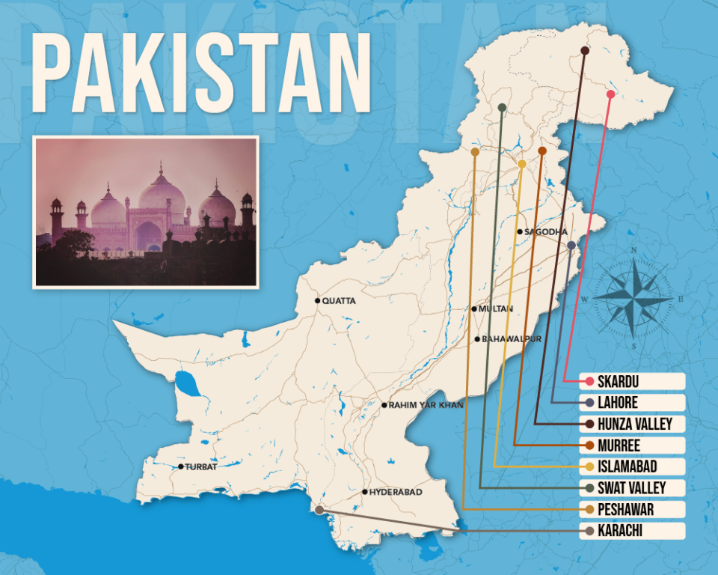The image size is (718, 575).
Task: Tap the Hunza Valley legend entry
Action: click(x=634, y=425)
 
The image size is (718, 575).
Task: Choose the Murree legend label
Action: click(x=619, y=445)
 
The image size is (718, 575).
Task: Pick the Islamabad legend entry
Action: click(x=628, y=467)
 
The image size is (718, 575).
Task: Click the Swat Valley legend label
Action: click(x=631, y=488)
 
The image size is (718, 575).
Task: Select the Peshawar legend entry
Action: click(x=626, y=510)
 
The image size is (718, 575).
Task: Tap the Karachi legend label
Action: click(x=621, y=531)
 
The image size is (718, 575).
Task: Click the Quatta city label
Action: click(x=339, y=301)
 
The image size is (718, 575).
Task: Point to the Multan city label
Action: click(x=496, y=308)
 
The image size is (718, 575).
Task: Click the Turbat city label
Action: click(x=201, y=466)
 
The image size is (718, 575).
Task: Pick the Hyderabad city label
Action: click(x=396, y=492)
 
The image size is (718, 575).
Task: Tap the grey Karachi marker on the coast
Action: click(x=319, y=509)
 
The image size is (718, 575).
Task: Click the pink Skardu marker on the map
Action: click(x=610, y=94)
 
